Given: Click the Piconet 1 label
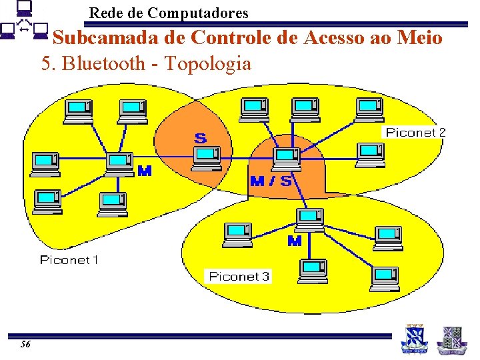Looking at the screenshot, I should point(69,260).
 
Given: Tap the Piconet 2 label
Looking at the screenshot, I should point(415,133).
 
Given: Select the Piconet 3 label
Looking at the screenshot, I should point(239,276).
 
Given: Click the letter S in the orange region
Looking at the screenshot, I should point(200,139).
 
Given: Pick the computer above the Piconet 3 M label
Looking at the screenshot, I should point(309,219).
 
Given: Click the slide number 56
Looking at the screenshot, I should point(25,344).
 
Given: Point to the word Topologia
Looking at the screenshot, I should point(207,64).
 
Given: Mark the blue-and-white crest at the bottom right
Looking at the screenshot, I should point(413,338).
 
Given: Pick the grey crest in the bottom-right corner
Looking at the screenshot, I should point(451,339).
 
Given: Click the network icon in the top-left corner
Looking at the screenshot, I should point(24,21).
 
